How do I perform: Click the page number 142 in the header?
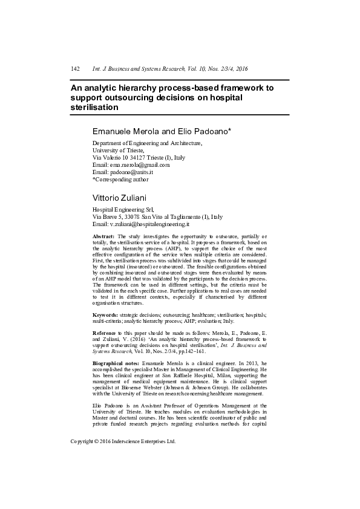[x=76, y=70]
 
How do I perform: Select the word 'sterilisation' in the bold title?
[x=94, y=107]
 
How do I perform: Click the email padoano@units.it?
[x=134, y=172]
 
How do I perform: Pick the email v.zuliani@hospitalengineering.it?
[x=150, y=224]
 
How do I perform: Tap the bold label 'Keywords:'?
[x=105, y=316]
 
